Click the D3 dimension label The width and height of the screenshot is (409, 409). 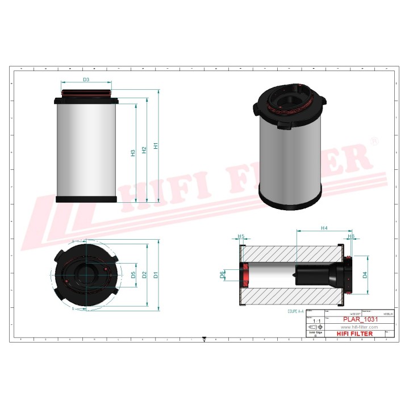coord(86,80)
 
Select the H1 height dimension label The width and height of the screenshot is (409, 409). coord(155,146)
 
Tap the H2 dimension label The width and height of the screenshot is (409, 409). coord(144,149)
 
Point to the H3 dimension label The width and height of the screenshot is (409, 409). coord(133,153)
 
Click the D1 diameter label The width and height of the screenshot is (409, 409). coord(155,275)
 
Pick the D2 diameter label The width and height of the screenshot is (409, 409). coord(144,275)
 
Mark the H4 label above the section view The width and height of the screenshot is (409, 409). coord(324,228)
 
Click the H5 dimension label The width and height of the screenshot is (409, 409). coord(241,236)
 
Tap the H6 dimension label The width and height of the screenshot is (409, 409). coord(351,236)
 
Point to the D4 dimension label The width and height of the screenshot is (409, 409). coord(365,275)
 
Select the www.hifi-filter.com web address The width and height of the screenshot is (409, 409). coord(359,328)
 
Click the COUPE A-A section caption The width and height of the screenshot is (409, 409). coord(297,312)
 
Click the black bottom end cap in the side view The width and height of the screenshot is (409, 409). coord(87,199)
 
